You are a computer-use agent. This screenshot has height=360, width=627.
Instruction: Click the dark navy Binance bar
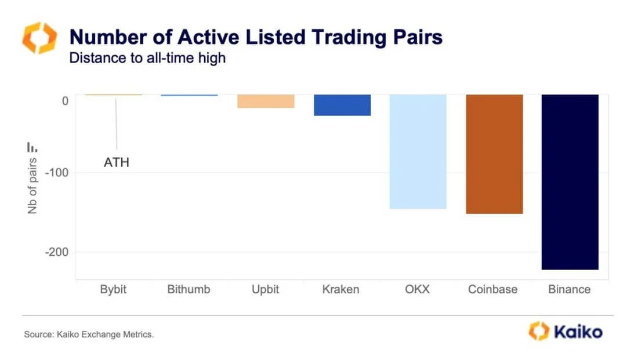coord(569,182)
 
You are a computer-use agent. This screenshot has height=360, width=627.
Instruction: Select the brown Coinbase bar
coord(494,154)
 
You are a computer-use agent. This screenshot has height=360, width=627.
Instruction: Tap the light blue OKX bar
coord(418,151)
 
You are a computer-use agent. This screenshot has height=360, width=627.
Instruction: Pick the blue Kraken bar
coord(342,105)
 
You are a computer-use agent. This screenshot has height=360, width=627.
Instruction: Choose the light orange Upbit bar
coord(266,101)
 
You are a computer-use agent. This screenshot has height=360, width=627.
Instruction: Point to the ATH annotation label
coord(116,162)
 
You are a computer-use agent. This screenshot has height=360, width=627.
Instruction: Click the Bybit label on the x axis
coord(114,289)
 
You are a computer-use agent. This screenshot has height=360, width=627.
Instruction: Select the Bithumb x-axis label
coord(189,289)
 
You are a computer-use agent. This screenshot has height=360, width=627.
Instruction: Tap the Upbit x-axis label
coord(266,289)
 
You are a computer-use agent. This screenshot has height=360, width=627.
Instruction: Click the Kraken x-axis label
coord(341,289)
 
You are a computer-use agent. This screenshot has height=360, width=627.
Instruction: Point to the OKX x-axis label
coord(418,289)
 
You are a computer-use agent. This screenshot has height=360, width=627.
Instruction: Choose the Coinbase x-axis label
coord(493,289)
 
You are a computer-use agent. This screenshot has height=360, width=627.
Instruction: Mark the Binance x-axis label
coord(569,289)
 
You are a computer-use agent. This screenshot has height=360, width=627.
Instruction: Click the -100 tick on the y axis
coord(57,173)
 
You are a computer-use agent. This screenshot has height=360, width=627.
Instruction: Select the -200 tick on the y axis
coord(57,252)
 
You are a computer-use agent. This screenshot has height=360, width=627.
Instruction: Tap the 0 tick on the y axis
coord(65,101)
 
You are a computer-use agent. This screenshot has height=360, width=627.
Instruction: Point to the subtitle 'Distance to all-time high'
coord(147,58)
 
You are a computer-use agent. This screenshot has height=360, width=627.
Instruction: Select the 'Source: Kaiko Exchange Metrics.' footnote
coord(89,334)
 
